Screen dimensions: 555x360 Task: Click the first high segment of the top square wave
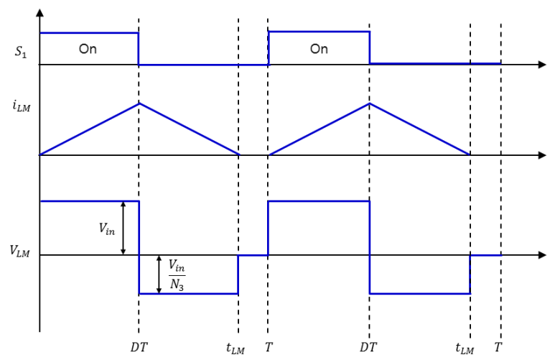(89, 32)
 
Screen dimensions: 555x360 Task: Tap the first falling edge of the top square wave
(139, 48)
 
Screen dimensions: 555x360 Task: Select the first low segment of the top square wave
(203, 64)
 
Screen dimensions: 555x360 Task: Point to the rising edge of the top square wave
(268, 47)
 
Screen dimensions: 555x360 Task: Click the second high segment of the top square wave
(319, 32)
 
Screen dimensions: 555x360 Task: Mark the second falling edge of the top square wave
(370, 47)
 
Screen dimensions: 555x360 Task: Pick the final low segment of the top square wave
(435, 63)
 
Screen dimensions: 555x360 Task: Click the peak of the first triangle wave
(140, 103)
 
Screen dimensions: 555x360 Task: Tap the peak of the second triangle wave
(370, 103)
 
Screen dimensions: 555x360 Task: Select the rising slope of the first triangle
(90, 129)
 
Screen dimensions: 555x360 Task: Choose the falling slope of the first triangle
(190, 129)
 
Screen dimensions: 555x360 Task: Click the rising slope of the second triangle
(320, 129)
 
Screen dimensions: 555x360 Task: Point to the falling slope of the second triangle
(420, 129)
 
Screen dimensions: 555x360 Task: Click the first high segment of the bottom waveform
(89, 201)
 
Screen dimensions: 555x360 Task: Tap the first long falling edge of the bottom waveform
(139, 247)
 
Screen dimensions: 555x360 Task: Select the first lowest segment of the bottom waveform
(188, 293)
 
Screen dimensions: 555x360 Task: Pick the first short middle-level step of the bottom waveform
(253, 254)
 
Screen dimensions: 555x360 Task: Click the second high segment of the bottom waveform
(319, 201)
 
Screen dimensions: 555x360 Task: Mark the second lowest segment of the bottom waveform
(420, 293)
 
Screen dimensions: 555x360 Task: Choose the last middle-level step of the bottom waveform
(485, 254)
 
